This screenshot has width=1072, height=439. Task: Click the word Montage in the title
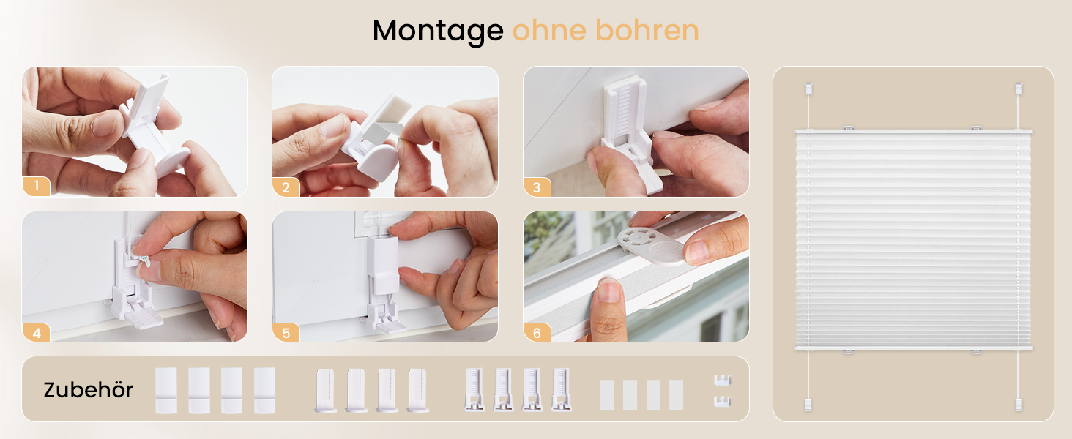(437, 31)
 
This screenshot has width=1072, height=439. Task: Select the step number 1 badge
(36, 187)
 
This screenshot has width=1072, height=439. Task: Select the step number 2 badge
(286, 187)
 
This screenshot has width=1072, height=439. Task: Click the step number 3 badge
(537, 187)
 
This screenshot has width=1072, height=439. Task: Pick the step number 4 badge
(36, 332)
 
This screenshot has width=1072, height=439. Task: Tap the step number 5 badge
(286, 332)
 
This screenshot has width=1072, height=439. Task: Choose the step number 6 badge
(537, 332)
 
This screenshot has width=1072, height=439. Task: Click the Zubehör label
(88, 390)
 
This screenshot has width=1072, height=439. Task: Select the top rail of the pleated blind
(913, 132)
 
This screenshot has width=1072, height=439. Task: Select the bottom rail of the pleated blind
(913, 348)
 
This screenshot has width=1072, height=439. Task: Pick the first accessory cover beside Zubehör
(166, 390)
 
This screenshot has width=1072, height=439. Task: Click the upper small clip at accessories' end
(721, 380)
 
